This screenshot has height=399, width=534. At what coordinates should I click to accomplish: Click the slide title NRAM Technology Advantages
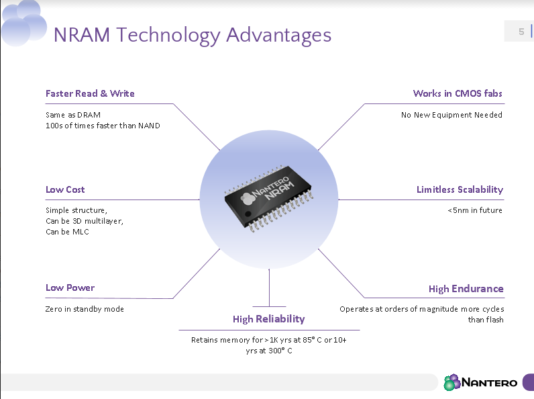coord(192,35)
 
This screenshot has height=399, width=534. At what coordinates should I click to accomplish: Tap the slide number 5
coord(521,32)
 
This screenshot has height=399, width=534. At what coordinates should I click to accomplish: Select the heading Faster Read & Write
coord(90,93)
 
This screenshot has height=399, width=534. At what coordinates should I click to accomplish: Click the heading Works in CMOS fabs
coord(458,93)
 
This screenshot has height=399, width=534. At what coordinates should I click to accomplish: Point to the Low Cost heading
coord(65,189)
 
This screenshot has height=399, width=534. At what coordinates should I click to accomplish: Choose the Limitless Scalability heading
coord(460,189)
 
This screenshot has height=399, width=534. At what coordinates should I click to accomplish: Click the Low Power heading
coord(70,287)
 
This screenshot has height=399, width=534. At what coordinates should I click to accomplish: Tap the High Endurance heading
coord(466,288)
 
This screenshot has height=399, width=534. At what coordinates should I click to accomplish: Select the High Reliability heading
coord(268,319)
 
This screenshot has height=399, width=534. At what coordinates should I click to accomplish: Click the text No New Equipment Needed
coord(451,115)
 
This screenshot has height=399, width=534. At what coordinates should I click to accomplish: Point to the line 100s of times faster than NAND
coord(103,126)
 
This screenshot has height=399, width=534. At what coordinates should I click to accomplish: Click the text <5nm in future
coord(474,210)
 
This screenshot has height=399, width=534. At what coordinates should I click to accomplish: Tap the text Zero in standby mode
coord(85,309)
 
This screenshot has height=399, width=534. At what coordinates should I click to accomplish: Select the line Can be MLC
coord(67,232)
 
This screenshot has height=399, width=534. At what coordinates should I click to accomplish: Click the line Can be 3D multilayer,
coord(85,221)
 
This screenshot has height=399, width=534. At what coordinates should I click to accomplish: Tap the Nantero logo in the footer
coord(480,382)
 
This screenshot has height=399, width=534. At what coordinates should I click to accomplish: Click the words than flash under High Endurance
coord(486,320)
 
